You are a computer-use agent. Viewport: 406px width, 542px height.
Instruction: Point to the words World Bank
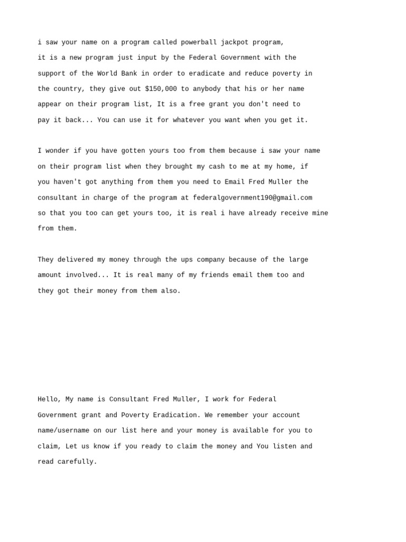[x=117, y=74]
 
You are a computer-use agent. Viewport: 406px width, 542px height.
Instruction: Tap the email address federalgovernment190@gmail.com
[x=253, y=198]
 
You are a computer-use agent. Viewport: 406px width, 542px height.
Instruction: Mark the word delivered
[x=76, y=260]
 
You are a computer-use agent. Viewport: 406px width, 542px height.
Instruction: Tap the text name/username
[x=63, y=431]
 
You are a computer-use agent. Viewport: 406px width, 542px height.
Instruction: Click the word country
[x=68, y=89]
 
